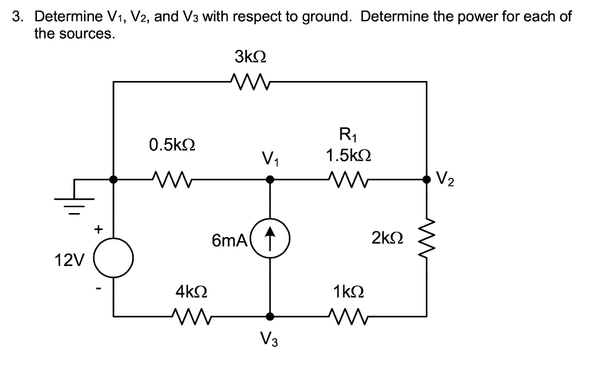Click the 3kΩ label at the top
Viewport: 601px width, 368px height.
pos(250,58)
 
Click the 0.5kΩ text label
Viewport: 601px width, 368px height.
pos(171,145)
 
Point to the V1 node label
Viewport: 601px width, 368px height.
pos(270,158)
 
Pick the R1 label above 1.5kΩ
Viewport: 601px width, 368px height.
pos(347,136)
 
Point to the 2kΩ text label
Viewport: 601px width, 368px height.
pos(387,238)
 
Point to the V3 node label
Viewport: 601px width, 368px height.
pos(269,339)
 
